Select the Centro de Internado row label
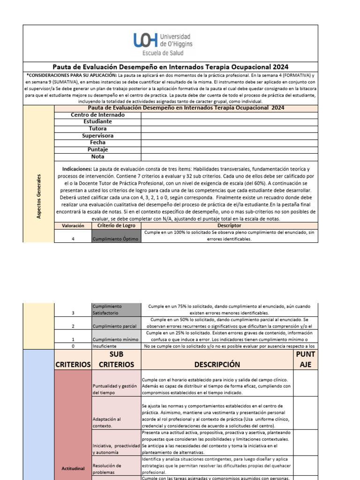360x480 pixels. [97, 115]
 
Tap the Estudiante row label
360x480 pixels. [97, 122]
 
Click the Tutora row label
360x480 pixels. [97, 129]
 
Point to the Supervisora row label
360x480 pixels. [97, 136]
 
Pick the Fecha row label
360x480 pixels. [97, 142]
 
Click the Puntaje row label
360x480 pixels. [97, 150]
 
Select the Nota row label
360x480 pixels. [97, 157]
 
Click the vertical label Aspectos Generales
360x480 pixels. [38, 196]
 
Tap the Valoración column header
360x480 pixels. [73, 225]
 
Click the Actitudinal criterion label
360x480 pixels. [73, 468]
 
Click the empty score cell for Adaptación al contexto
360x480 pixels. [305, 412]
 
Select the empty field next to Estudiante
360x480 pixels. [229, 122]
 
